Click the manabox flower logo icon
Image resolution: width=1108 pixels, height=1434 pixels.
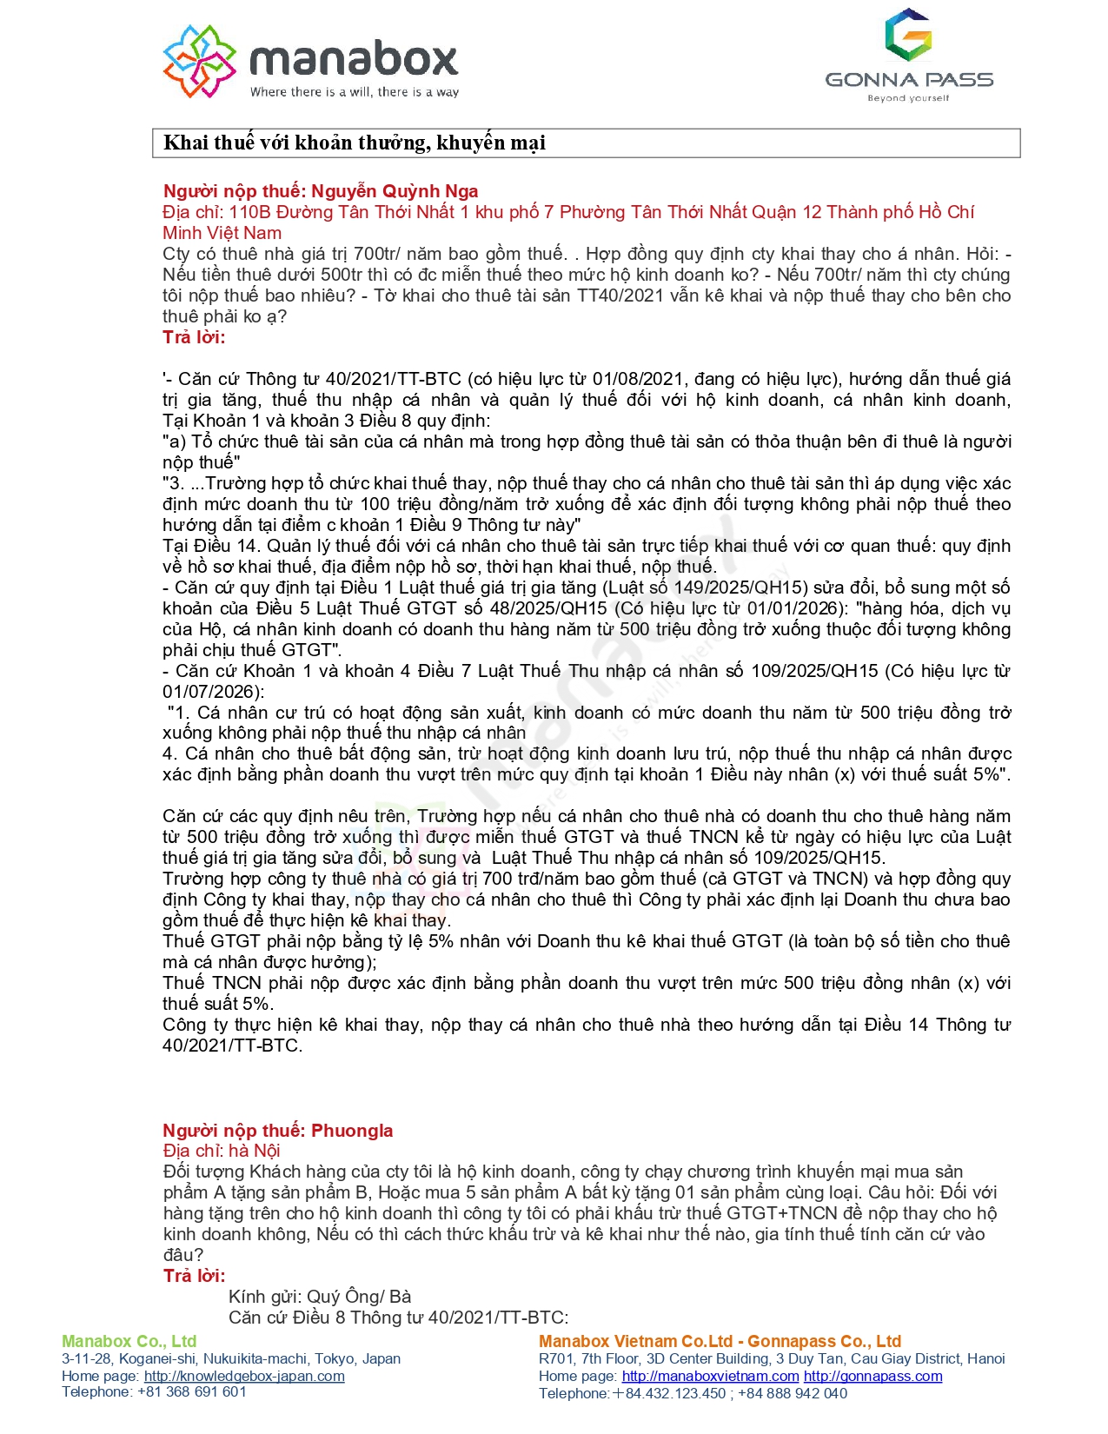point(199,61)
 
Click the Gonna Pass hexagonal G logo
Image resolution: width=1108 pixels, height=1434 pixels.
point(908,35)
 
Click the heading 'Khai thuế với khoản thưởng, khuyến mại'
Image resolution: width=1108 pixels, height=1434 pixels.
point(355,143)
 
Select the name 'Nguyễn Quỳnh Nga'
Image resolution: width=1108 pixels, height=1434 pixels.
point(395,191)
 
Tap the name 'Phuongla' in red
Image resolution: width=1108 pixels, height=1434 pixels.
point(352,1131)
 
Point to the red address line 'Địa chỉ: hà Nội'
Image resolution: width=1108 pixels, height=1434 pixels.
point(222,1152)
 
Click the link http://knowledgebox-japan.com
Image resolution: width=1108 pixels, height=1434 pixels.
point(244,1377)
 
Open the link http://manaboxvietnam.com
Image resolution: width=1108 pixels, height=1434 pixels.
point(710,1377)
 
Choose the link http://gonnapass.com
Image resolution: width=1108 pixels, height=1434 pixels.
point(872,1377)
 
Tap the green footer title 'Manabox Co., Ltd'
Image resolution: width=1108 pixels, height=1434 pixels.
point(129,1342)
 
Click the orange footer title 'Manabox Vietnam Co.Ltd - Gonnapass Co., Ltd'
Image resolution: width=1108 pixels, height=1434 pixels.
point(720,1342)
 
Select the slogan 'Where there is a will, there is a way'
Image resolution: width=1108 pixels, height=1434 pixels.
point(355,92)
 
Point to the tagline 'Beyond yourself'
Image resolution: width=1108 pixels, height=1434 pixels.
point(908,98)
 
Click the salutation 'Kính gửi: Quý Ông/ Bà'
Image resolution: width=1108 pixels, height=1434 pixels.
point(320,1297)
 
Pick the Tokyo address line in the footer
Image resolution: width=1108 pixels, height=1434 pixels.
point(231,1359)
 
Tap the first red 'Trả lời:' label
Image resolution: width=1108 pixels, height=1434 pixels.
point(194,337)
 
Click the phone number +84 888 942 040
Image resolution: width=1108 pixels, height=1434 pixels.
point(793,1394)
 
